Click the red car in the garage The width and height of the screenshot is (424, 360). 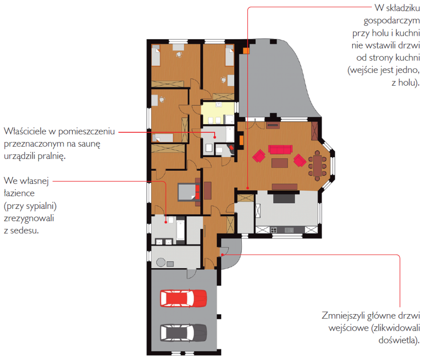(183, 298)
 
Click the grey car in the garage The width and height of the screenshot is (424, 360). (183, 333)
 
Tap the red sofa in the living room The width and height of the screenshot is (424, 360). (280, 149)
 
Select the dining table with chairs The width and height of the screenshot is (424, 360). (317, 166)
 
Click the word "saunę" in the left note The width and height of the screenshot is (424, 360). (89, 144)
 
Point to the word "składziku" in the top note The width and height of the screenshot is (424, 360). (403, 8)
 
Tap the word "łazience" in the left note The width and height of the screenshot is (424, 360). (19, 193)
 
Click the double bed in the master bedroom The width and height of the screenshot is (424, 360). (189, 192)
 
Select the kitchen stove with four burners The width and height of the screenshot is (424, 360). (274, 230)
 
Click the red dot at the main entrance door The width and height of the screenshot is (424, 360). (222, 255)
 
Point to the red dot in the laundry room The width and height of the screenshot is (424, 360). (215, 137)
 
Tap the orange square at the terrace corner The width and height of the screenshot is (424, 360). (246, 51)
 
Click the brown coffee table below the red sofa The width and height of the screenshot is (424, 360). (280, 163)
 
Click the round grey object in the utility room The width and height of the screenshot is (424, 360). (161, 262)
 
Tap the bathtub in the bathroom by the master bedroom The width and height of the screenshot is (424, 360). (181, 230)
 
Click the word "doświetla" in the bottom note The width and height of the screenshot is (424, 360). (397, 340)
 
